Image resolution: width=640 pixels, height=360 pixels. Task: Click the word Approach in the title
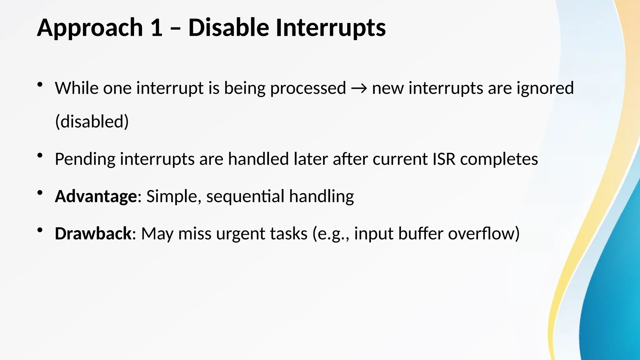[90, 28]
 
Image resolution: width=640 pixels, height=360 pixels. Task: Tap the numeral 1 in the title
[156, 27]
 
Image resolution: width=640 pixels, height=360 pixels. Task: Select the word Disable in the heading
[228, 27]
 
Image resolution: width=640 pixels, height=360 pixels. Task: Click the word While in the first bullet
[77, 88]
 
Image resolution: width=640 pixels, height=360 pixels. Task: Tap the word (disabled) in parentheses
[92, 122]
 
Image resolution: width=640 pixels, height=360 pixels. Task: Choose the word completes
[499, 159]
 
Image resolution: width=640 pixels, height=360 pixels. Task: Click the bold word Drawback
[93, 233]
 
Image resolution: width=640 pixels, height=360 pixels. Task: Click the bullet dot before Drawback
[40, 230]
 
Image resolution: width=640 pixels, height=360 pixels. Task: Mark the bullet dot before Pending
[40, 155]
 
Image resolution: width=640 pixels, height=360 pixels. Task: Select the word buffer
[421, 233]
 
